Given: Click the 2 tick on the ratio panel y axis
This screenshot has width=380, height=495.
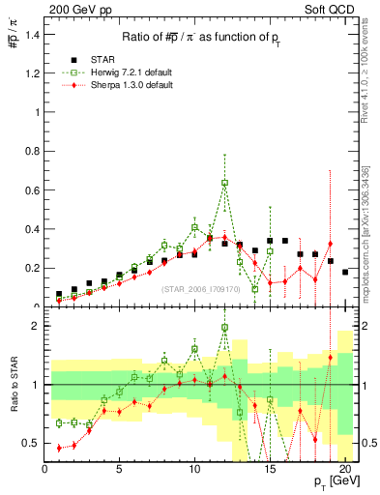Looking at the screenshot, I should point(36,326).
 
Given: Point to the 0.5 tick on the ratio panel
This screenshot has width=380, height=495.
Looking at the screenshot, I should point(32,443).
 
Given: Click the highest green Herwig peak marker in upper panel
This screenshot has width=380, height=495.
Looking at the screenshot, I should point(224,182).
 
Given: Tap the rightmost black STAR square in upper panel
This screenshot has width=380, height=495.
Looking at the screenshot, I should point(345,272).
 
